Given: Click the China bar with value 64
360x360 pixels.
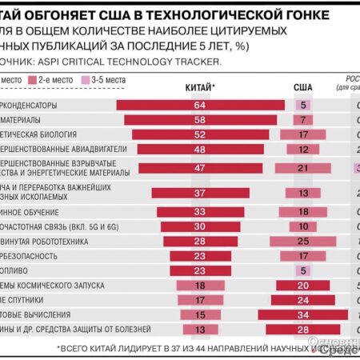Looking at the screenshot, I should [x=200, y=105].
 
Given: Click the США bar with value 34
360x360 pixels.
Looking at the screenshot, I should [x=303, y=314].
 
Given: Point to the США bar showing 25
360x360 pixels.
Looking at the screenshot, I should [x=303, y=241].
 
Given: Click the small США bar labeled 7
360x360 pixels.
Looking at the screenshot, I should [x=303, y=119].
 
